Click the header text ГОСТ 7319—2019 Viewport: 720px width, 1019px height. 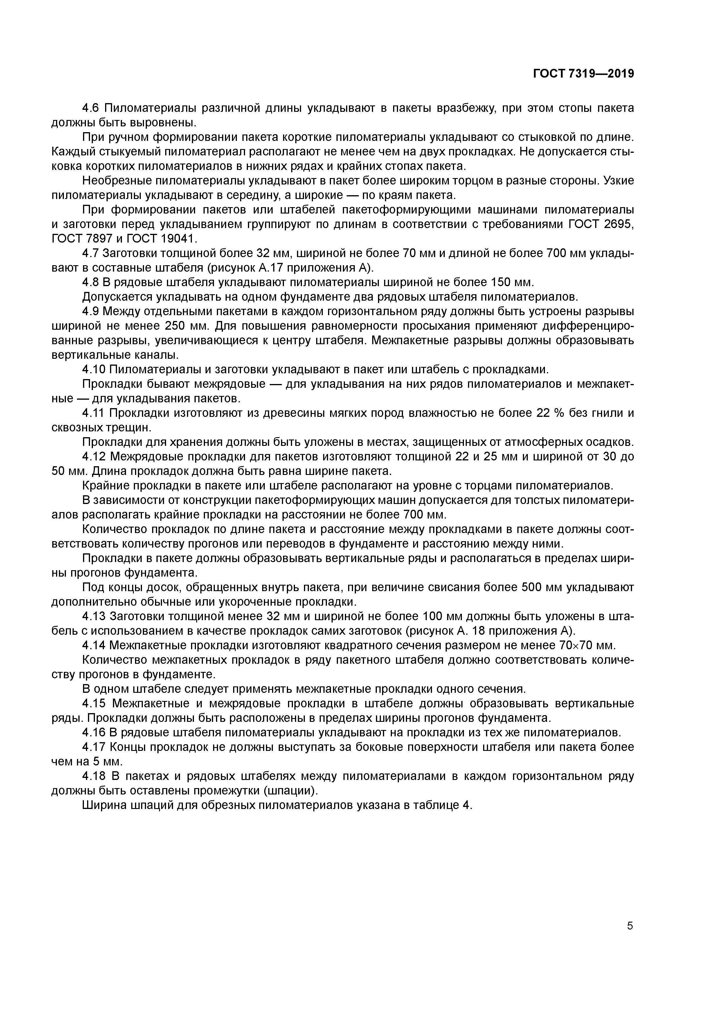[x=583, y=74]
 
